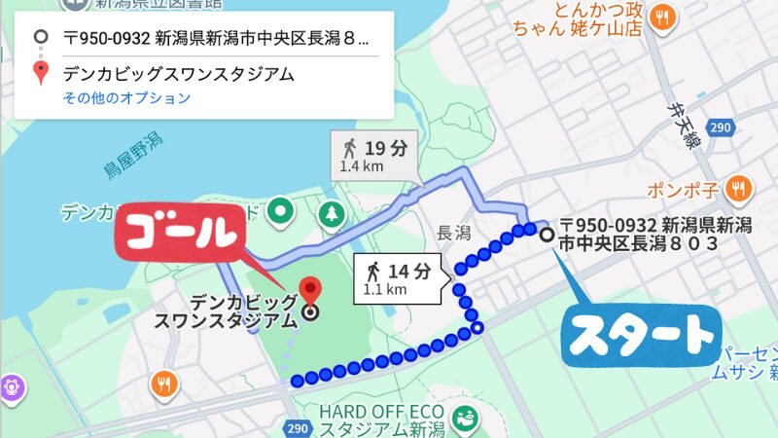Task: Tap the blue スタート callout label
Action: point(638,337)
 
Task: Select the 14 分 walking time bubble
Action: point(401,278)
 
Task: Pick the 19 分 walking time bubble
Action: point(373,156)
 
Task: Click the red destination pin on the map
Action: point(309,290)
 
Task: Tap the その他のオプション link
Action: point(126,98)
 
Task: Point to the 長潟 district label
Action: point(454,233)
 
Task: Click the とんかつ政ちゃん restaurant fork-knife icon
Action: point(662,17)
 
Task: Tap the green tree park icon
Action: point(333,211)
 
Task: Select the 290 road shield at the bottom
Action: point(298,427)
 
